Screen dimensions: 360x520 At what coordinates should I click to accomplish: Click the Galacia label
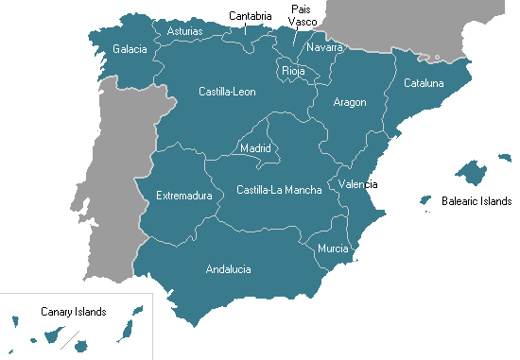click(130, 49)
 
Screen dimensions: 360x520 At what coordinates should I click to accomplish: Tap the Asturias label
click(184, 31)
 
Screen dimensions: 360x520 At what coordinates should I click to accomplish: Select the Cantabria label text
click(251, 15)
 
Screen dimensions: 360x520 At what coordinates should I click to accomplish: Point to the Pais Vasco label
click(303, 15)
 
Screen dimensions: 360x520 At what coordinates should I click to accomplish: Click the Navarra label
click(324, 47)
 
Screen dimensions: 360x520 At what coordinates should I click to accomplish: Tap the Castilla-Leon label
click(227, 92)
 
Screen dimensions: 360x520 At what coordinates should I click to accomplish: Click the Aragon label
click(350, 102)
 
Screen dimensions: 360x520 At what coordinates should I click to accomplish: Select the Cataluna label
click(424, 83)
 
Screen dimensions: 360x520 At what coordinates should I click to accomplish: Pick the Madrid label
click(255, 148)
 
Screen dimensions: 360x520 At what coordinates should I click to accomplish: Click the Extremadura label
click(183, 197)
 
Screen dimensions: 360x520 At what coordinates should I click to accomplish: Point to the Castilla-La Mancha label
click(279, 190)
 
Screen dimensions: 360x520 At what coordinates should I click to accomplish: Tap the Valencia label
click(358, 183)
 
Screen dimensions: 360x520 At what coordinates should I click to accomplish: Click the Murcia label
click(333, 249)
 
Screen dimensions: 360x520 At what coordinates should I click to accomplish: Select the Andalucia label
click(228, 269)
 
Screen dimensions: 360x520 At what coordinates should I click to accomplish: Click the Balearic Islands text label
click(476, 201)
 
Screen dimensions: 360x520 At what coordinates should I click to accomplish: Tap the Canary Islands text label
click(73, 311)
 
